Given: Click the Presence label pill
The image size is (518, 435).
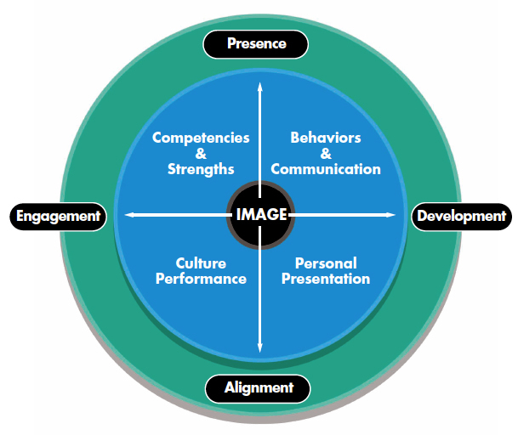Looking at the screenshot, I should (256, 42).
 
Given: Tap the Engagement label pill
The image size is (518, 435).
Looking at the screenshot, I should (58, 216).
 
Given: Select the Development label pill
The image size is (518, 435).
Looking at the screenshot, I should (461, 216).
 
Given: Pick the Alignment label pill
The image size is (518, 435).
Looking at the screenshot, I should (259, 388).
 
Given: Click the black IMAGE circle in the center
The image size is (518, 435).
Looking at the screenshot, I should (260, 214).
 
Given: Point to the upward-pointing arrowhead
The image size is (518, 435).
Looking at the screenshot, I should (260, 87).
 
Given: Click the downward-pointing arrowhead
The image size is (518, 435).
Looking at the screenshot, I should (260, 347).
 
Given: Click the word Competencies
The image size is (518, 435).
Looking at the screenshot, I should (201, 138).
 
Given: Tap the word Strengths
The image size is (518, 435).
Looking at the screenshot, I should (201, 168).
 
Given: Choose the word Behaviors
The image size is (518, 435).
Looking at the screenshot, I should (325, 138).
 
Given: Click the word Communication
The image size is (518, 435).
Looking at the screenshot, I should (326, 168).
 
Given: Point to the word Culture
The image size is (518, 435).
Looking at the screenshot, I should (201, 263).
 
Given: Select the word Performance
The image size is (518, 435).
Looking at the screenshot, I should (201, 279).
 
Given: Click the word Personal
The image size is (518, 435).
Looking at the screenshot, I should (326, 263).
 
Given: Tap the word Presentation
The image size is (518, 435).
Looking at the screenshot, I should (326, 279).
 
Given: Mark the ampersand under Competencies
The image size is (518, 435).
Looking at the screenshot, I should (201, 153).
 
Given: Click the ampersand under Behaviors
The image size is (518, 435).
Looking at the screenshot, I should (325, 153).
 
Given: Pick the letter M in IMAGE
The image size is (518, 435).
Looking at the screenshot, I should (249, 214).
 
